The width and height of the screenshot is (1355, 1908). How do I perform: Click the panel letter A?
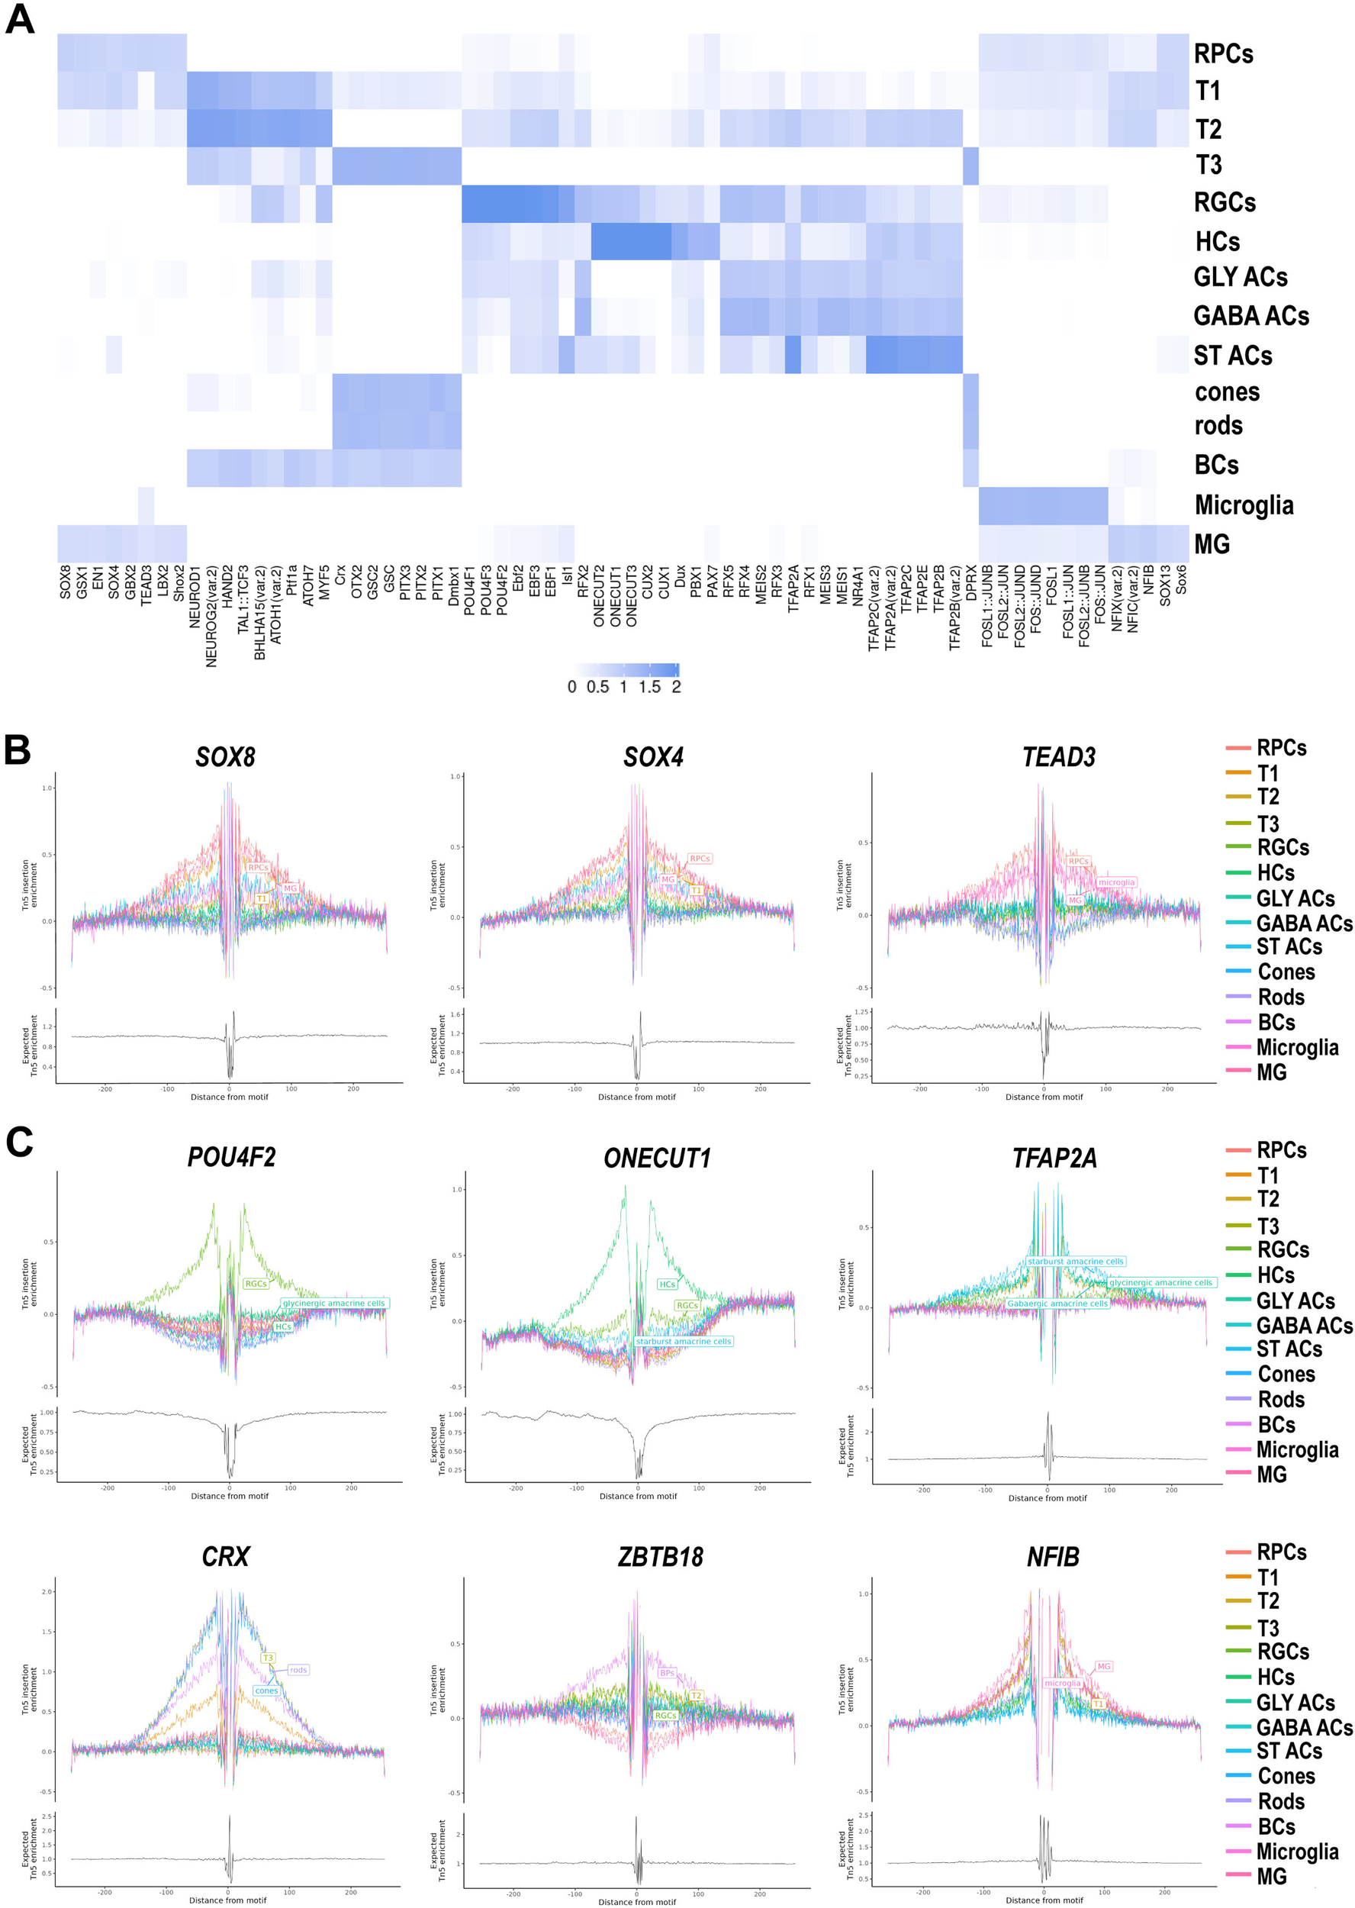[x=20, y=19]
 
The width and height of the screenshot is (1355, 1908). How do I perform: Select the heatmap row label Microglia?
[x=1243, y=505]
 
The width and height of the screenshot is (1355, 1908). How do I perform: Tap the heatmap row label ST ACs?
[x=1232, y=356]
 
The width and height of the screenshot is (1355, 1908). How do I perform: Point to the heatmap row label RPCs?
[x=1223, y=53]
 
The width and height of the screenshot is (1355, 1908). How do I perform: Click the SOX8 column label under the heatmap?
[x=65, y=582]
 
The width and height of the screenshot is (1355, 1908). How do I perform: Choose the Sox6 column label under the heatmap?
[x=1180, y=580]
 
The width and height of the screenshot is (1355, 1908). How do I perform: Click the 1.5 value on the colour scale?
[x=649, y=687]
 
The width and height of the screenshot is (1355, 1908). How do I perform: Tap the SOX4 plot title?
[x=653, y=757]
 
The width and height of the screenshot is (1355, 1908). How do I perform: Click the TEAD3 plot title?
[x=1058, y=757]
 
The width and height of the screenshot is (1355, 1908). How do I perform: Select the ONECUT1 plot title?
[x=657, y=1159]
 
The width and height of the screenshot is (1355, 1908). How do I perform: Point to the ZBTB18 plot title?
[x=660, y=1558]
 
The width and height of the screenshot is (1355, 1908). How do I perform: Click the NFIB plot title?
[x=1053, y=1558]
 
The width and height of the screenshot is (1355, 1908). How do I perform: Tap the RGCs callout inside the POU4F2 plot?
[x=256, y=1284]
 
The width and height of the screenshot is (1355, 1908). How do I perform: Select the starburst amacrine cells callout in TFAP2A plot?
[x=1076, y=1261]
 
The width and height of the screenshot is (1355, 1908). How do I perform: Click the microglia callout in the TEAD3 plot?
[x=1115, y=882]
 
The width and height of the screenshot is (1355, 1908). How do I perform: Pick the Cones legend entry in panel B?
[x=1286, y=972]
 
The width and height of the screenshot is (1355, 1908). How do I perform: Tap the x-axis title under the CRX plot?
[x=228, y=1900]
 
